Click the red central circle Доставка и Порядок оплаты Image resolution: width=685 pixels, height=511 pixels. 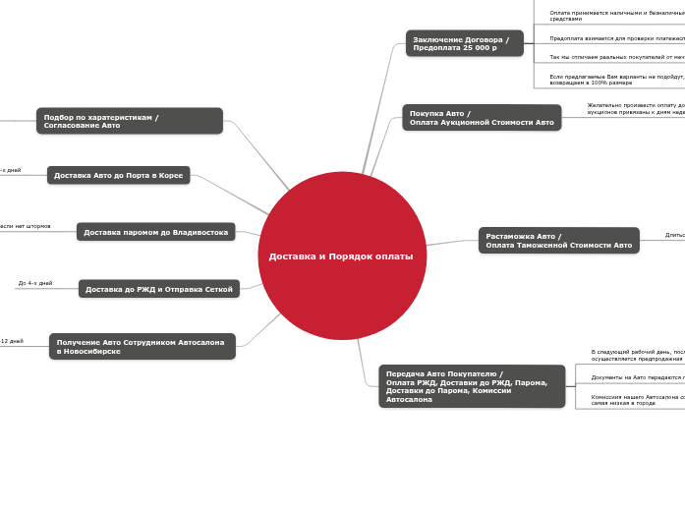click(x=342, y=255)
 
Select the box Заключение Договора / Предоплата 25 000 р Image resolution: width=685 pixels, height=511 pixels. click(x=464, y=43)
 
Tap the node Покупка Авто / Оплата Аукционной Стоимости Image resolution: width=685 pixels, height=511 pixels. click(x=482, y=118)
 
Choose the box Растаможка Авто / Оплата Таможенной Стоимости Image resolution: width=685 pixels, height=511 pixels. click(x=558, y=241)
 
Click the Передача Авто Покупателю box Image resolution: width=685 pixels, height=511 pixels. click(x=472, y=386)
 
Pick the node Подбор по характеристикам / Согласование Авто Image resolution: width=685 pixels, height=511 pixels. click(x=130, y=121)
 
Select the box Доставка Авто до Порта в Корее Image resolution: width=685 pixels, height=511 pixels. click(x=118, y=175)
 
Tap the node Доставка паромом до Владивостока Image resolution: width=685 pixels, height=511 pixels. click(x=155, y=232)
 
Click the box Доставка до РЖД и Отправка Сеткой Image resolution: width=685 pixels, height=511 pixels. click(x=158, y=289)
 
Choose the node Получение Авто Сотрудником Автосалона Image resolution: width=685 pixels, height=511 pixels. click(x=143, y=346)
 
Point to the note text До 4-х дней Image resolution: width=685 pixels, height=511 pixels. click(x=35, y=283)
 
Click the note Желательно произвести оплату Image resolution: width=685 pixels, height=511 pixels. click(x=635, y=108)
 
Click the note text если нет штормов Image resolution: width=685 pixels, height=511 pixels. click(x=26, y=226)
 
